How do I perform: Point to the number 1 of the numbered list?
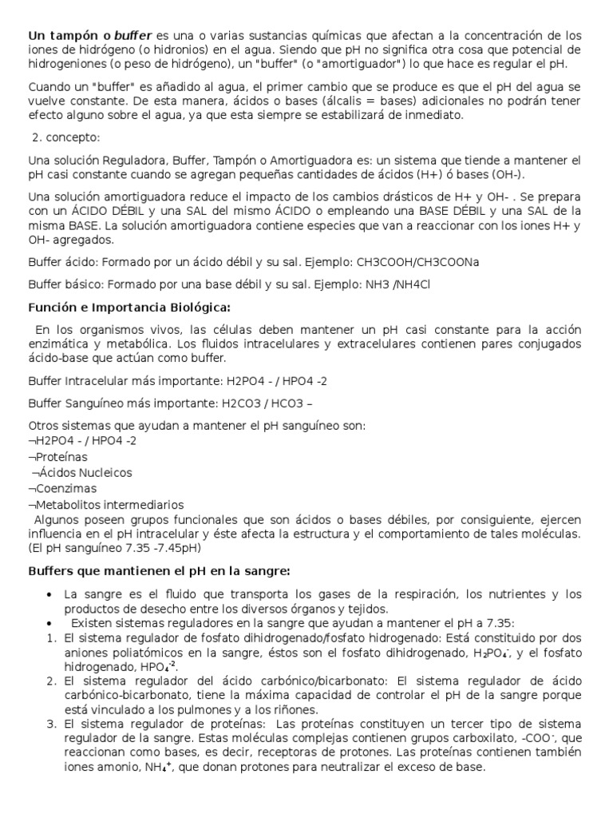(x=49, y=638)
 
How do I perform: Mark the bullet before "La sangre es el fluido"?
(x=50, y=594)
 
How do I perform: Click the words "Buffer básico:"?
(x=65, y=284)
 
